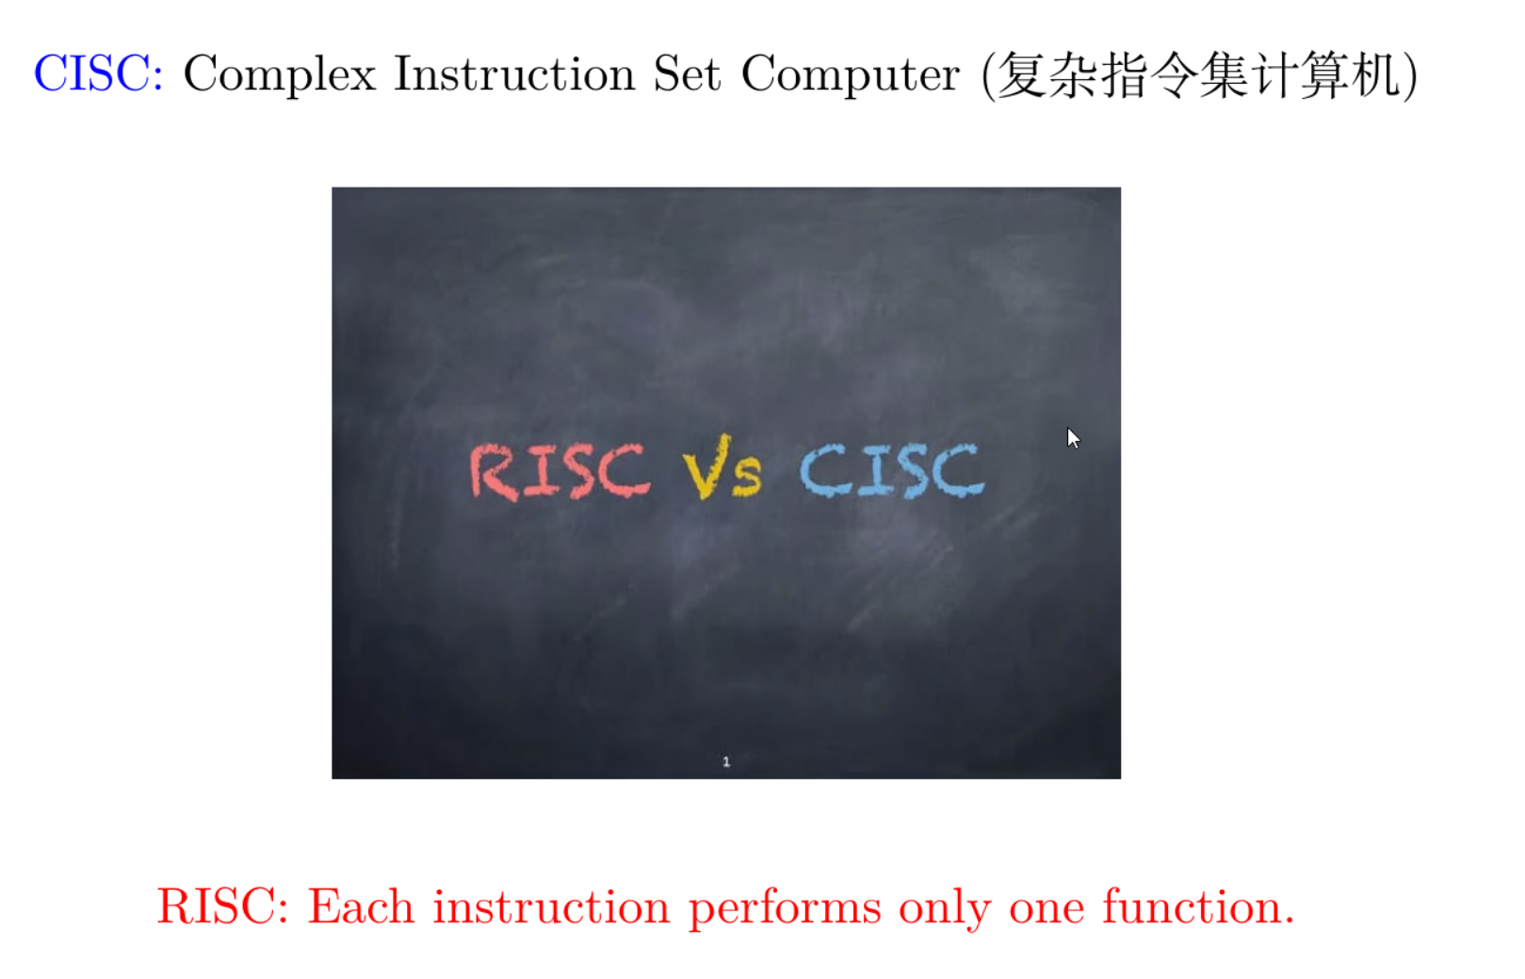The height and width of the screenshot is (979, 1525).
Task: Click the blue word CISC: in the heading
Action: pyautogui.click(x=98, y=73)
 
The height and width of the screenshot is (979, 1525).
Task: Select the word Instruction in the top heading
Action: pyautogui.click(x=513, y=73)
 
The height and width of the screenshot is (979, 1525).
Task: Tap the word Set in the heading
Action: pyautogui.click(x=687, y=73)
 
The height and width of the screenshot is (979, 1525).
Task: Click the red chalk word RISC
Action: pyautogui.click(x=560, y=470)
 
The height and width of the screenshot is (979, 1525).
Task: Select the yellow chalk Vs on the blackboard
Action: pyautogui.click(x=722, y=467)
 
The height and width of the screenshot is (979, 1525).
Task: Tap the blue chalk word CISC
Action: pyautogui.click(x=891, y=470)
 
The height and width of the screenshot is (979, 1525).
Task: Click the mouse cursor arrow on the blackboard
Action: pyautogui.click(x=1072, y=437)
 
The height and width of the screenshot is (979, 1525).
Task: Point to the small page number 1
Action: pyautogui.click(x=726, y=761)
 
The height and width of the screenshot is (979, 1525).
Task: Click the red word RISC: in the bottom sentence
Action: pyautogui.click(x=222, y=906)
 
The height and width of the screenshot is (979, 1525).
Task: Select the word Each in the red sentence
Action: pyautogui.click(x=361, y=906)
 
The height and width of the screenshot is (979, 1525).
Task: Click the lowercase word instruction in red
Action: pyautogui.click(x=551, y=906)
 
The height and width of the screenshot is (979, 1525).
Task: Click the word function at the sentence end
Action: pyautogui.click(x=1197, y=906)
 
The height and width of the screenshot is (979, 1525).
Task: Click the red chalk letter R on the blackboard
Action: pyautogui.click(x=494, y=471)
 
